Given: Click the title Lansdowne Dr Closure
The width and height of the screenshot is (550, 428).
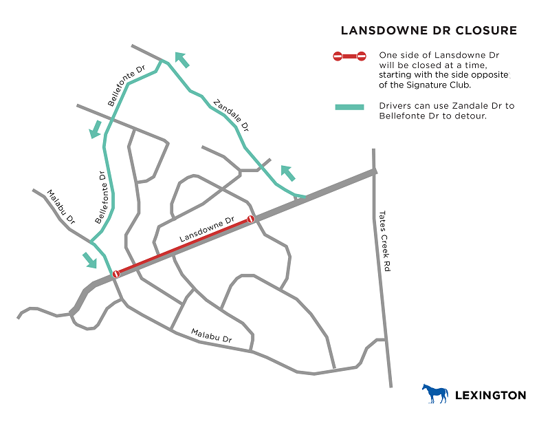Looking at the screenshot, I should pyautogui.click(x=429, y=31).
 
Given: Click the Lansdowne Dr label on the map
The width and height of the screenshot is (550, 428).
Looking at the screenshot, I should pyautogui.click(x=207, y=229).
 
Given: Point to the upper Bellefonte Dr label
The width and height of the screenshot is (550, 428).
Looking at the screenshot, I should pyautogui.click(x=127, y=86).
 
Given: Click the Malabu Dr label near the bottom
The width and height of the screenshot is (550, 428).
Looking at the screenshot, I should pyautogui.click(x=211, y=336).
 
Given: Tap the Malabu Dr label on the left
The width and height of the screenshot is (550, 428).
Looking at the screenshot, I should pyautogui.click(x=60, y=207).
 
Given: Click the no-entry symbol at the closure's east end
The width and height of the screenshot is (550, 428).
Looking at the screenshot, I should pyautogui.click(x=252, y=219).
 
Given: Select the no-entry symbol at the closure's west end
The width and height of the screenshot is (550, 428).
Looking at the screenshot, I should pyautogui.click(x=116, y=274).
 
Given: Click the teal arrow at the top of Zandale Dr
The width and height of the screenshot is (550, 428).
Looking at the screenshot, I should pyautogui.click(x=181, y=60).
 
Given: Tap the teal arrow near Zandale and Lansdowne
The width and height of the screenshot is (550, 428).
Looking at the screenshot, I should pyautogui.click(x=287, y=173).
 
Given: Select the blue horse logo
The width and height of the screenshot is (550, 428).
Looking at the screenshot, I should pyautogui.click(x=434, y=394).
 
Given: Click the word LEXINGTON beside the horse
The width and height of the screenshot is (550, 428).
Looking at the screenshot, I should pyautogui.click(x=491, y=395).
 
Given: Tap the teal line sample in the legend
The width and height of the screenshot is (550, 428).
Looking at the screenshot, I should pyautogui.click(x=349, y=107).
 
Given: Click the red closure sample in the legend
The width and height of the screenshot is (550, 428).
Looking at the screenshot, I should pyautogui.click(x=349, y=56).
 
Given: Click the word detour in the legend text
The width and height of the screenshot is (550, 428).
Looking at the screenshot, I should pyautogui.click(x=473, y=116).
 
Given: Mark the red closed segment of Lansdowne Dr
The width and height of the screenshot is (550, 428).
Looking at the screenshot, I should pyautogui.click(x=184, y=246).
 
